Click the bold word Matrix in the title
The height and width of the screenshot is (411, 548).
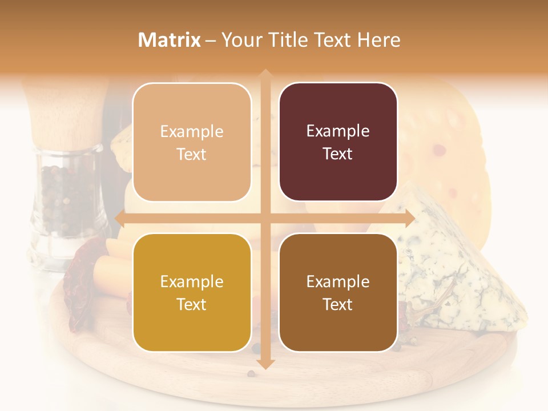(169, 40)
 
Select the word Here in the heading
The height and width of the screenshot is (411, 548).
(378, 40)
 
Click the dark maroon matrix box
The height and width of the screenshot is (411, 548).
(338, 142)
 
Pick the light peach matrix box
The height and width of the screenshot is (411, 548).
(192, 142)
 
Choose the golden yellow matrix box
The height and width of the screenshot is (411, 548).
(192, 293)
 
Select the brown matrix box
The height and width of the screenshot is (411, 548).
(338, 293)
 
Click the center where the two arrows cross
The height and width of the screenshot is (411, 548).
(265, 218)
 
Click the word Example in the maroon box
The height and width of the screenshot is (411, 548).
(338, 131)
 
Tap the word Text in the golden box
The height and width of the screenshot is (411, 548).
(192, 304)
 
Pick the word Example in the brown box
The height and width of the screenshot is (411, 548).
(338, 281)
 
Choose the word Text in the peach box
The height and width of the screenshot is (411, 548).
(192, 154)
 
